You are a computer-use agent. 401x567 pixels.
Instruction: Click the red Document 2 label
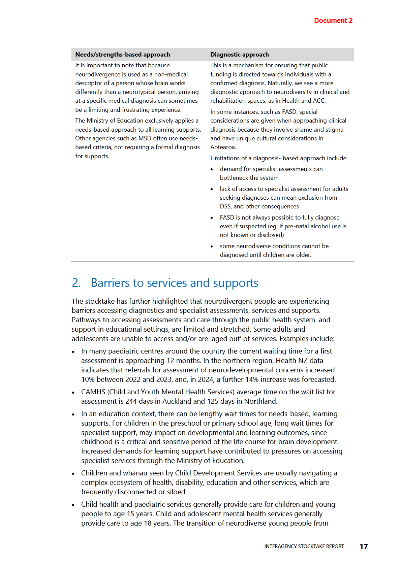(x=333, y=21)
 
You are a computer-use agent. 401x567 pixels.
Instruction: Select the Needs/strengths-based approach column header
(x=123, y=55)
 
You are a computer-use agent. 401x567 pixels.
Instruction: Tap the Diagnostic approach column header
(x=240, y=55)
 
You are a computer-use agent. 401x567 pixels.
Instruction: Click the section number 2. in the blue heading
(x=76, y=283)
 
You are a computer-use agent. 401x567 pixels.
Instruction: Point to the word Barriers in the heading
(x=110, y=283)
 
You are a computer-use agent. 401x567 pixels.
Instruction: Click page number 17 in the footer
(x=364, y=546)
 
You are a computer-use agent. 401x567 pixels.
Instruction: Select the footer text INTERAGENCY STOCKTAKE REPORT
(x=304, y=546)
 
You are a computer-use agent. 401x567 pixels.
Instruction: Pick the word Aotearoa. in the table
(x=223, y=147)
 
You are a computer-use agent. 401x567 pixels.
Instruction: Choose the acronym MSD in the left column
(x=145, y=138)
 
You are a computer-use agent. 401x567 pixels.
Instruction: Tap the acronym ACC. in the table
(x=319, y=101)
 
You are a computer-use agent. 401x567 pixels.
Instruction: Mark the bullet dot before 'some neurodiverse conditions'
(x=212, y=246)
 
